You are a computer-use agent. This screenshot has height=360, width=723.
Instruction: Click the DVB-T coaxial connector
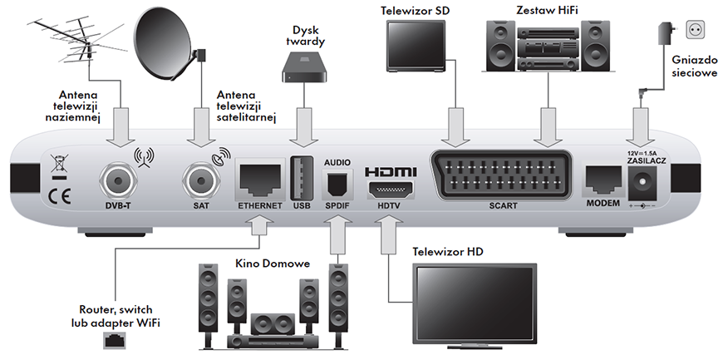coord(116,180)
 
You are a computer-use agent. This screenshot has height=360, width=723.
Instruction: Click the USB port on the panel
coord(302,177)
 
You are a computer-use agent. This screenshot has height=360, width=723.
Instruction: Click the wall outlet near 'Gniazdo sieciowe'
coord(694,31)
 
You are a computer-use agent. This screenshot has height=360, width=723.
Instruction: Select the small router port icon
coord(114,339)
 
